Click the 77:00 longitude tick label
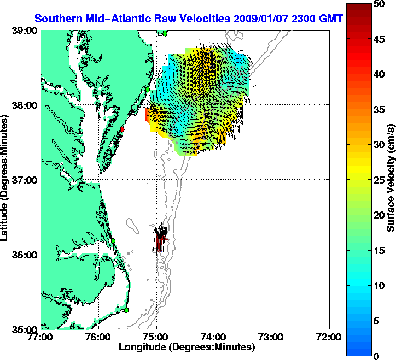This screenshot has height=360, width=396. [x=41, y=338]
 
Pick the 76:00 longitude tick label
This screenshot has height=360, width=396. [x=99, y=338]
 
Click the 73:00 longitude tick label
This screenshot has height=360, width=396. [x=272, y=338]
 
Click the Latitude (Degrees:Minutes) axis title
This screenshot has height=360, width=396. [x=5, y=180]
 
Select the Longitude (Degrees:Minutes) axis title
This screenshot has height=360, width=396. [x=186, y=347]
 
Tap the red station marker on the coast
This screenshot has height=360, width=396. [x=123, y=129]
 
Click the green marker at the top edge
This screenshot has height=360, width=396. [x=164, y=33]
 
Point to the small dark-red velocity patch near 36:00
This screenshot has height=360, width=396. [x=160, y=241]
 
